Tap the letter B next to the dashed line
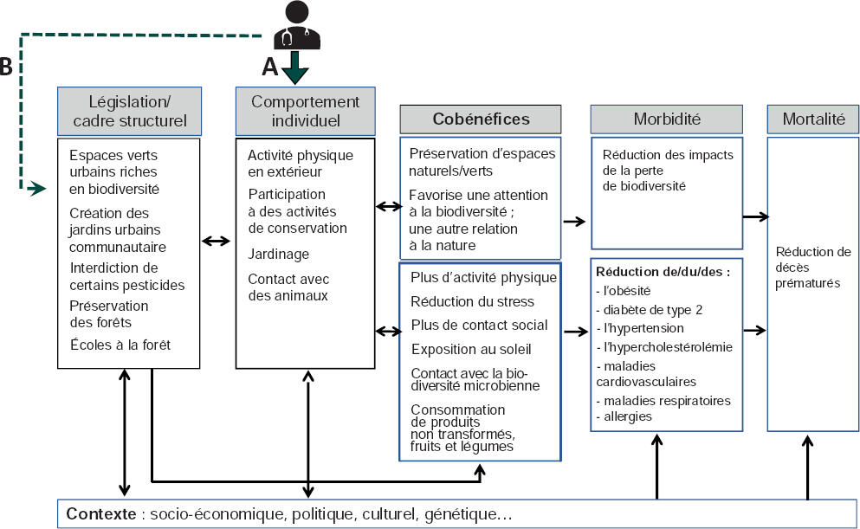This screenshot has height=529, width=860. click(6, 68)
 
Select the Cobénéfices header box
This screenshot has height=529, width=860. click(481, 119)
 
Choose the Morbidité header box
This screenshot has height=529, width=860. click(666, 119)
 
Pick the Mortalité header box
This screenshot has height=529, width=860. click(812, 119)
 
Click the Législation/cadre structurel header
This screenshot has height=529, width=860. click(130, 111)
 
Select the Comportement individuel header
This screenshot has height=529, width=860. click(305, 111)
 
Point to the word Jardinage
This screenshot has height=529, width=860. click(278, 255)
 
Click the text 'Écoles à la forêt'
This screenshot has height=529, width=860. click(120, 345)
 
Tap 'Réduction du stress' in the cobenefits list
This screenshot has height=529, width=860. click(472, 301)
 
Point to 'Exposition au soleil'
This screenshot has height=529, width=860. click(471, 348)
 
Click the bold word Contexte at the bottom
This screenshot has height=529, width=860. click(100, 514)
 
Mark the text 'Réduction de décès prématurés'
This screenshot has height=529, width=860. click(813, 267)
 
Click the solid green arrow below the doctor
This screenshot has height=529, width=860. click(294, 68)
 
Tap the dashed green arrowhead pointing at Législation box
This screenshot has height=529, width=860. click(36, 187)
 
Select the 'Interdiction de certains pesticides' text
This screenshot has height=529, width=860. click(126, 276)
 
